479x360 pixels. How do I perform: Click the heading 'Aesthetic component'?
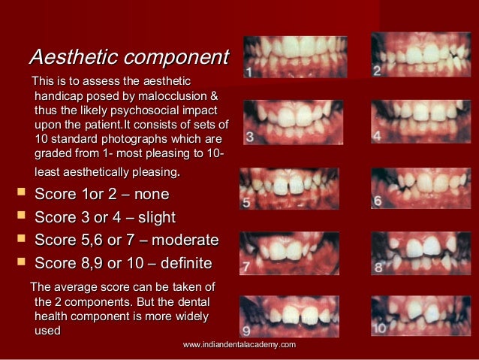(128, 57)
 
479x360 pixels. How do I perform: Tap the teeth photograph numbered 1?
(295, 57)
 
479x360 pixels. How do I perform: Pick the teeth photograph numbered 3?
(293, 122)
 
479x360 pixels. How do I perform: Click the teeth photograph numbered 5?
(289, 188)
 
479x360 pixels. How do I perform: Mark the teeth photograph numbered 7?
(291, 253)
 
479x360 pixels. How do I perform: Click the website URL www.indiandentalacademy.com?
(239, 344)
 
